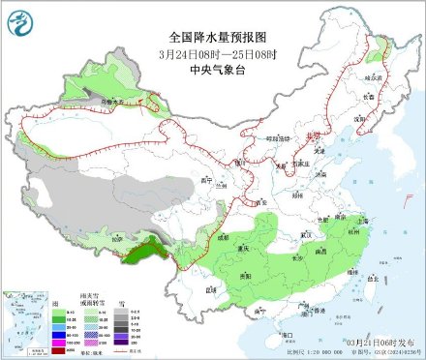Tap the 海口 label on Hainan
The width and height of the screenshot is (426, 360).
tap(287, 334)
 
